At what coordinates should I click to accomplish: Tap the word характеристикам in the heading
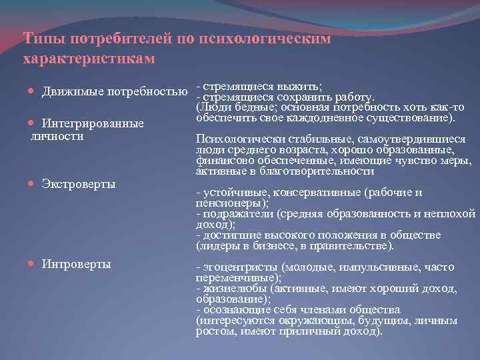tap(89, 59)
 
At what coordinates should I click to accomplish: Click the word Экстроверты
tap(78, 183)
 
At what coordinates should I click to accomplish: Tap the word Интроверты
tap(76, 264)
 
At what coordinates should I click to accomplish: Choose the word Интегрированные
tap(93, 124)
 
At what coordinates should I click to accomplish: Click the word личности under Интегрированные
tap(57, 136)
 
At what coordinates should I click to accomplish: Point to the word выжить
tap(301, 87)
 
